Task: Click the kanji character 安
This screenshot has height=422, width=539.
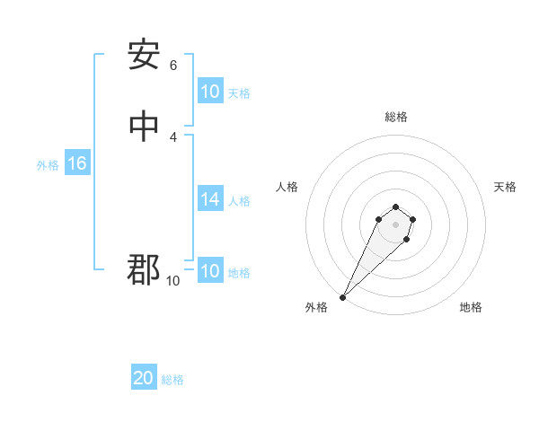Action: pos(144,55)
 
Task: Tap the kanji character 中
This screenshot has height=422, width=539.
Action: pos(144,127)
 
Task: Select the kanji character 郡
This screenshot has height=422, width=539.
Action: pos(144,268)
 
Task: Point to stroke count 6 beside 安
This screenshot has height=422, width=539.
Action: pos(173,66)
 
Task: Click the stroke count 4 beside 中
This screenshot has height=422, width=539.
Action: pos(173,136)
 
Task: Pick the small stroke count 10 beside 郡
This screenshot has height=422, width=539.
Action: pos(173,281)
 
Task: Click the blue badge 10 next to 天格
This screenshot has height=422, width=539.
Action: pos(209,92)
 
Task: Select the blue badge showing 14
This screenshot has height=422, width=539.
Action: pos(209,199)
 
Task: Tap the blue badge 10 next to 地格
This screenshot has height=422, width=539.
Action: pos(209,271)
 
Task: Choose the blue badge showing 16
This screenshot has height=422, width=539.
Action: pos(76,163)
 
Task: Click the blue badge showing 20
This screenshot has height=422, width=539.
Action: pos(144,378)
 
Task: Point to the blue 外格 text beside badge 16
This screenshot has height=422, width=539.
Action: pos(48,165)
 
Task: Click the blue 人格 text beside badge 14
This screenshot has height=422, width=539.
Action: pos(240,201)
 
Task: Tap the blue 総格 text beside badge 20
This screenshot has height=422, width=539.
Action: pos(173,380)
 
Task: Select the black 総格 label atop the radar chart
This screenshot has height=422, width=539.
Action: pos(395,117)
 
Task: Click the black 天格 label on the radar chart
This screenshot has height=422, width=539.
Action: pos(505,187)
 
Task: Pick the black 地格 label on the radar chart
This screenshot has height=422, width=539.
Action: pos(471,307)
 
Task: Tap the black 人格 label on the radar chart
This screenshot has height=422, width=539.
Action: pos(287,187)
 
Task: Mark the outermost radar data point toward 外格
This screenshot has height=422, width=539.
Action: pos(342,297)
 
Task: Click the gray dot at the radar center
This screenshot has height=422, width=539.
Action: pos(395,224)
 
